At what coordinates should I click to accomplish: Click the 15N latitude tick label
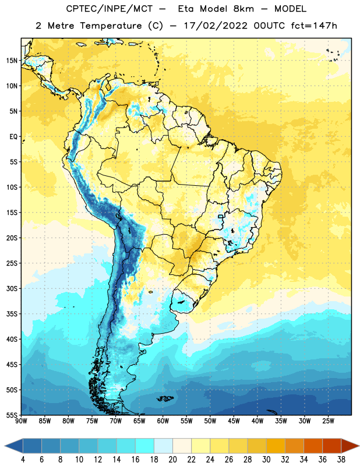12,61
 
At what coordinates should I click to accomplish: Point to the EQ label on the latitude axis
13,137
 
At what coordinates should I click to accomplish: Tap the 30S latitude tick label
12,288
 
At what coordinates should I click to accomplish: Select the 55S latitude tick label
12,415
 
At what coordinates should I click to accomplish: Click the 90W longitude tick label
21,421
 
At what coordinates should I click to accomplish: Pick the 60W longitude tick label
163,421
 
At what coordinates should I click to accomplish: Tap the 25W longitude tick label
328,421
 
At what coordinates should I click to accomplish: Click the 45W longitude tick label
234,421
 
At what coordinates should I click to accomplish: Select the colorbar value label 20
172,460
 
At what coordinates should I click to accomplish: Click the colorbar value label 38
341,460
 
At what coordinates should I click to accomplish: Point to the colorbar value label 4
23,460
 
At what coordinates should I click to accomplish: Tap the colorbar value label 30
266,460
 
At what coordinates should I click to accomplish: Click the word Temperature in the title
111,26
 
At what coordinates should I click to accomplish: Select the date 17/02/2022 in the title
216,26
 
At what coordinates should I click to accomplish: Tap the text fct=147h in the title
314,26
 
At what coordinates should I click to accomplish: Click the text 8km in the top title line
243,9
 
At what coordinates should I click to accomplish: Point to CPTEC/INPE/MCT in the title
109,9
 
